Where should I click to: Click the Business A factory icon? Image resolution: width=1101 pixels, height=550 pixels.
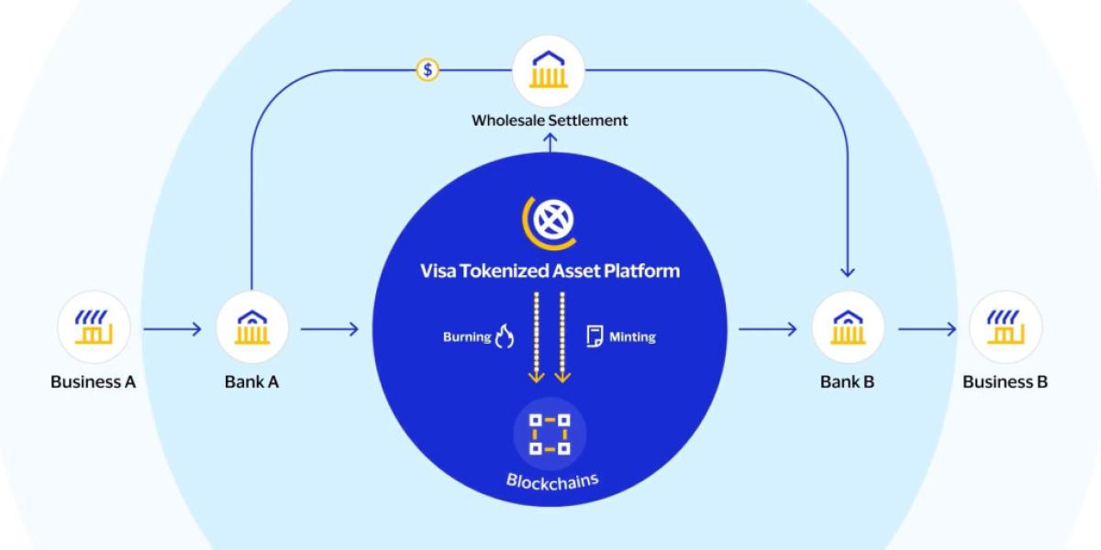[x=93, y=327]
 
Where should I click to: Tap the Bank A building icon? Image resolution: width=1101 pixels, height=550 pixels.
[x=251, y=327]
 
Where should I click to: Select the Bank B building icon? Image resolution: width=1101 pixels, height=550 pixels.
[x=847, y=327]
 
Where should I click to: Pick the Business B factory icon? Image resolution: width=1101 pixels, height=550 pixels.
[x=1006, y=327]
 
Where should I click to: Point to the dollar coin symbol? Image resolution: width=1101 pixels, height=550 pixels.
[x=427, y=70]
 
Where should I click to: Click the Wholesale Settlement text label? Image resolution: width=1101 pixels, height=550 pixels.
[x=550, y=120]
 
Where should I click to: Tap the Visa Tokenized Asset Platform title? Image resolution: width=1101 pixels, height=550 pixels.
[x=550, y=270]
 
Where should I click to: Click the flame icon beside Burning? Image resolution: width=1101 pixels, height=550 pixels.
[x=504, y=337]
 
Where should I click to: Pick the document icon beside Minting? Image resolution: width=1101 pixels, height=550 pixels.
[x=594, y=336]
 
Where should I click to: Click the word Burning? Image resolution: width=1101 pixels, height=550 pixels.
[x=466, y=337]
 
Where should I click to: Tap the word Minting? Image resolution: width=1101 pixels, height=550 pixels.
[x=632, y=337]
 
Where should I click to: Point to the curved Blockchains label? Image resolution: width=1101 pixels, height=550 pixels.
[x=550, y=481]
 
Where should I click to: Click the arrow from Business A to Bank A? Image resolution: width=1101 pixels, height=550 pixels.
[x=172, y=328]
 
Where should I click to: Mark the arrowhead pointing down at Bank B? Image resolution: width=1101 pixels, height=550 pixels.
[x=847, y=270]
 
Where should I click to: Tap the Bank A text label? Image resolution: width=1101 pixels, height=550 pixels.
[x=251, y=382]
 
